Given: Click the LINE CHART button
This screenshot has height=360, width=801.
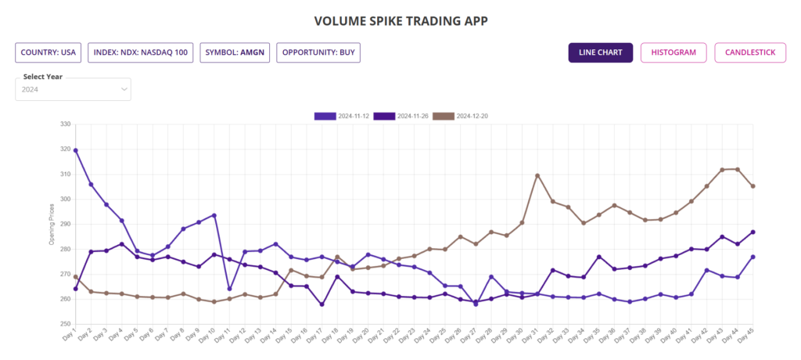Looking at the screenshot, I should tap(600, 52).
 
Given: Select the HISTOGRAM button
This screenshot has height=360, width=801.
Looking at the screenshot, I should tap(673, 52).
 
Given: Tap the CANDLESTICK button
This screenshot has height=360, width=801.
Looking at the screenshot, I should tap(749, 52).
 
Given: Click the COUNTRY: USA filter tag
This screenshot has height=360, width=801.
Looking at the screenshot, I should tap(48, 52).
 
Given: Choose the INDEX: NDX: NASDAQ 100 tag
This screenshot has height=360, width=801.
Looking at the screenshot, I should tap(140, 52).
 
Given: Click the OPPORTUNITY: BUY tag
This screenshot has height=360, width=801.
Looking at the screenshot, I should tap(318, 52).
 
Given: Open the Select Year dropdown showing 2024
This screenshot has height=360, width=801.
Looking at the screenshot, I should tap(74, 89).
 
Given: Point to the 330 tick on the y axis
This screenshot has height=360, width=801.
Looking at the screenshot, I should tap(64, 124).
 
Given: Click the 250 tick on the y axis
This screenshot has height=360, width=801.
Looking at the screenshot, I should tap(64, 324).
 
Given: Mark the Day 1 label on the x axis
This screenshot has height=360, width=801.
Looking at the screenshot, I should tap(69, 335).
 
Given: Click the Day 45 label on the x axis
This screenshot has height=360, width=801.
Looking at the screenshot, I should tap(746, 335).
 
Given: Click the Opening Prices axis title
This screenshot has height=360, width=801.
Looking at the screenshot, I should tap(52, 224).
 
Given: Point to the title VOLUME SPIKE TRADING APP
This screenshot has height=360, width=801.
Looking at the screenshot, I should tap(400, 20).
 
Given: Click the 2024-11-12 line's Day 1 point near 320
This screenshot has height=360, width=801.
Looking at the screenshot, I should tap(76, 150).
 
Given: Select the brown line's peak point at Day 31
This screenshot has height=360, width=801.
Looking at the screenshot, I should tap(537, 175).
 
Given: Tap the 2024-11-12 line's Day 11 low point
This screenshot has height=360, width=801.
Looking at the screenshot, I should tap(229, 289).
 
